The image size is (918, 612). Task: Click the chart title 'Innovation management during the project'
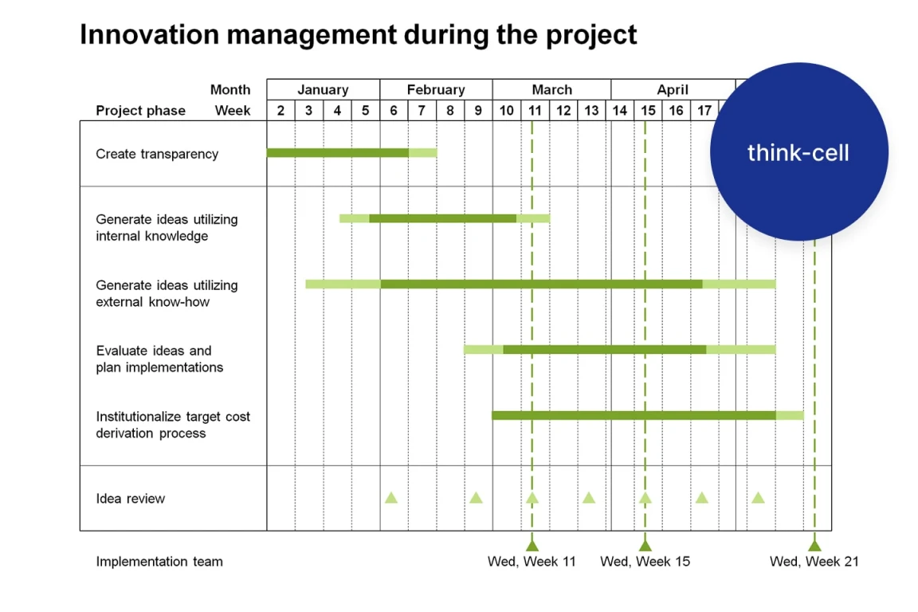[358, 34]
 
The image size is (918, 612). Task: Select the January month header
[323, 89]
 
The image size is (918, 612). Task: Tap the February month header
[436, 89]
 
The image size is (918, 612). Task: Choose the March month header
[551, 89]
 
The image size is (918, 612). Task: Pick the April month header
[672, 89]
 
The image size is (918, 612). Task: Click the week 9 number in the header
[478, 111]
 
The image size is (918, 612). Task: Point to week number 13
[591, 111]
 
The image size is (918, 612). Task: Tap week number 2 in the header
[280, 111]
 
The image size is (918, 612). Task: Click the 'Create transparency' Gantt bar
[352, 153]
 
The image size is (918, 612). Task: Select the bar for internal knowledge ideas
[445, 218]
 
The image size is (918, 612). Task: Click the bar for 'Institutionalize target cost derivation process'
[648, 416]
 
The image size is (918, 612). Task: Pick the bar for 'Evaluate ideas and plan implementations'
[619, 350]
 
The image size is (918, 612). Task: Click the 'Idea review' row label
[131, 498]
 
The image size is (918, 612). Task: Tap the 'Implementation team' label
[159, 562]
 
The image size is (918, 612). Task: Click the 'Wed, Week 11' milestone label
[532, 562]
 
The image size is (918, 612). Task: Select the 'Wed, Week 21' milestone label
[814, 562]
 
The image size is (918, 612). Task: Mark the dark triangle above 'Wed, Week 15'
[645, 546]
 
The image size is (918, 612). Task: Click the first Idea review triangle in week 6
[391, 498]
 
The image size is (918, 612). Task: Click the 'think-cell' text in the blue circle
[798, 153]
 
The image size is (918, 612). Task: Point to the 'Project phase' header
[140, 111]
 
